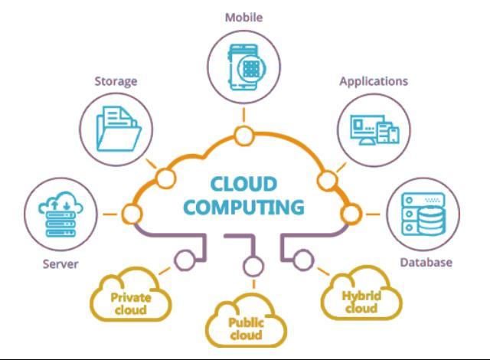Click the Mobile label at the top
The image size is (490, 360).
click(244, 16)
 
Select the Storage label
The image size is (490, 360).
click(116, 80)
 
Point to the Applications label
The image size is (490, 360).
click(373, 80)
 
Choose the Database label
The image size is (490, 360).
click(426, 262)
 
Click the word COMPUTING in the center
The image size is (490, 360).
click(244, 208)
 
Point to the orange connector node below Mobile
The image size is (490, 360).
click(244, 137)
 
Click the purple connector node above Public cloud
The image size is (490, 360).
click(248, 267)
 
